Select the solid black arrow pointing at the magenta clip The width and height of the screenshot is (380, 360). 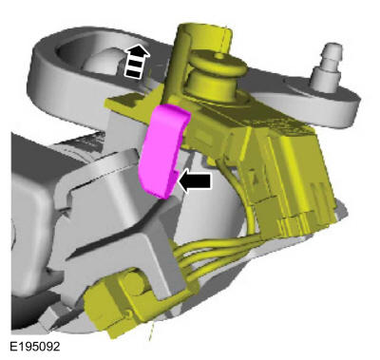coord(195,181)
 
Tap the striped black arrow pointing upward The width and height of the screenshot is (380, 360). coord(137,62)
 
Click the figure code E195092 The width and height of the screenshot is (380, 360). coord(35,347)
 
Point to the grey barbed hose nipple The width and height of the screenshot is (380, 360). coord(326,66)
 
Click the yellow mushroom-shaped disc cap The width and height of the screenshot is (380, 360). coord(217,63)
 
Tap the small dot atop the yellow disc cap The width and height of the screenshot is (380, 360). coord(218,56)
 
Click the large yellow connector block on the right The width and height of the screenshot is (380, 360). coord(294,178)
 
